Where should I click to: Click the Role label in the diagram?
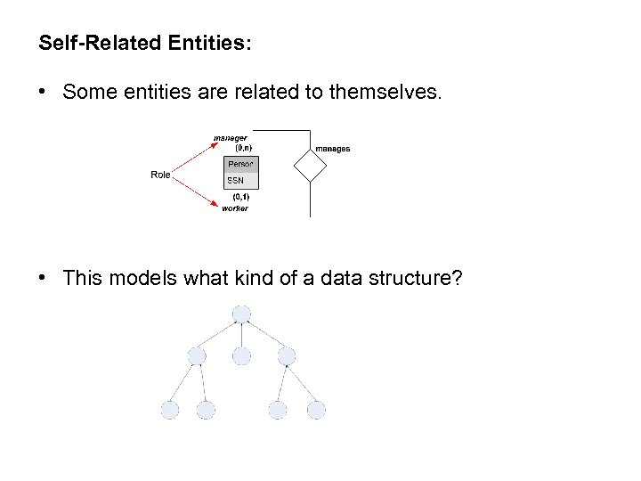(160, 175)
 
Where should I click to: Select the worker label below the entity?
(235, 208)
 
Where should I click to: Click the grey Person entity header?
(240, 164)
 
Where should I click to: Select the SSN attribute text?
(235, 181)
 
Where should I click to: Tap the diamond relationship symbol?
(310, 165)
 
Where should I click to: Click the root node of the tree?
(241, 314)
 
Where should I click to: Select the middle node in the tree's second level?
(241, 356)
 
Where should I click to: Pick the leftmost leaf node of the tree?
(170, 410)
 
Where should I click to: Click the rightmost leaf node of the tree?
(316, 410)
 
